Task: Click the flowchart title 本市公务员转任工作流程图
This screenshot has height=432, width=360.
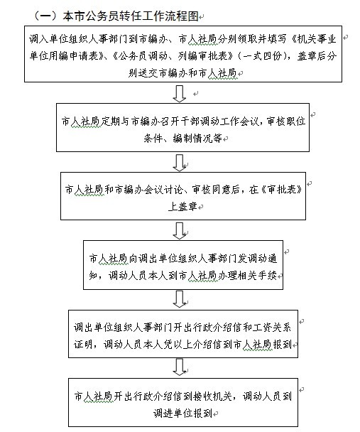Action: [x=131, y=16]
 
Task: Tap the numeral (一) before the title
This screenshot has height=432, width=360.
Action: [x=45, y=16]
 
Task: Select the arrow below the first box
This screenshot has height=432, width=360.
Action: [x=180, y=94]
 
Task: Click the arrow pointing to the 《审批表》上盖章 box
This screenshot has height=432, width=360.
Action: [x=180, y=163]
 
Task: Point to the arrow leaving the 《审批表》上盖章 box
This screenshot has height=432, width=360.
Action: [x=180, y=231]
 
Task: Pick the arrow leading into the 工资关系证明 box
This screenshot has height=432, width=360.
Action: [x=180, y=299]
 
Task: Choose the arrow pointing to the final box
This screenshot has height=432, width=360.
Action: [x=180, y=367]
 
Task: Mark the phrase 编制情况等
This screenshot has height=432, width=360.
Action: [x=197, y=138]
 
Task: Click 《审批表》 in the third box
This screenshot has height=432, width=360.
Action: [x=280, y=190]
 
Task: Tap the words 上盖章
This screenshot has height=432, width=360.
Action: [x=182, y=206]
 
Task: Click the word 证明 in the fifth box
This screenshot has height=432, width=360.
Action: [x=83, y=344]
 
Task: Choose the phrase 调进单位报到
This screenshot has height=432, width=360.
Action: [x=182, y=413]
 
